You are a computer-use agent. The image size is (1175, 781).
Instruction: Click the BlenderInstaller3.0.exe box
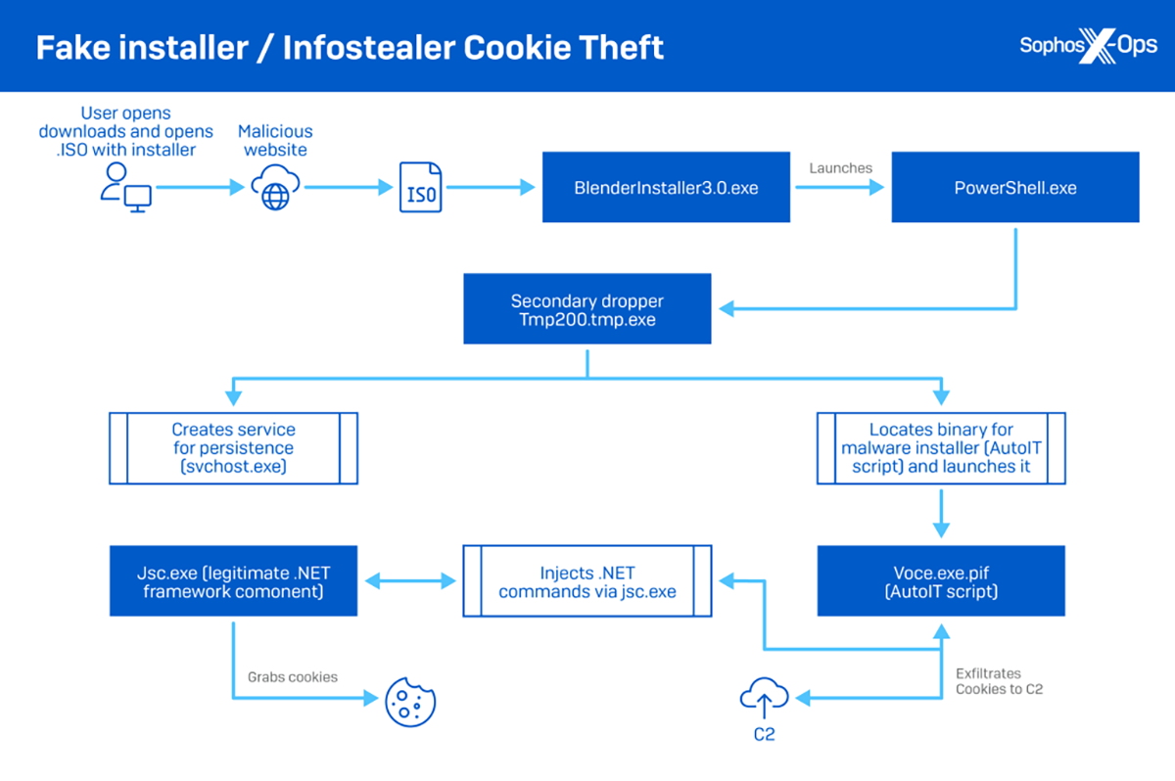(666, 187)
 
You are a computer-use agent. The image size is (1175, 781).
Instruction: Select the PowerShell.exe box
(1014, 187)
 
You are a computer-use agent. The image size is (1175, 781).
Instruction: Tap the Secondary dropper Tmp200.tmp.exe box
(587, 308)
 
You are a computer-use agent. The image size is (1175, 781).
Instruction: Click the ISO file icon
(421, 188)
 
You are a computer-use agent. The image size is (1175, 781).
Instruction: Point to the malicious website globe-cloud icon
(275, 187)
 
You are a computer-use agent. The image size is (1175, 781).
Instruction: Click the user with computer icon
(126, 187)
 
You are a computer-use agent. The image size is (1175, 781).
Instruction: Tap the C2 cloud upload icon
(764, 697)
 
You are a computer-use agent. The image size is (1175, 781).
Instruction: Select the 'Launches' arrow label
(840, 168)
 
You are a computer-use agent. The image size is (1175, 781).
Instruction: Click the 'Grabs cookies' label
(292, 676)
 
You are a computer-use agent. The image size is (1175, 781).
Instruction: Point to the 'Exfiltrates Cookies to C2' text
(999, 681)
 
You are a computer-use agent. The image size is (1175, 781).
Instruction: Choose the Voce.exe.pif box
(941, 581)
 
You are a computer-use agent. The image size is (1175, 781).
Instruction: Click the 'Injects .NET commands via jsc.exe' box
(587, 581)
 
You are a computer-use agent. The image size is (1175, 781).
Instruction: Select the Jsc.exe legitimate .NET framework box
(233, 581)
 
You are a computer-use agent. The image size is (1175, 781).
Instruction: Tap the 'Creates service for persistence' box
(233, 447)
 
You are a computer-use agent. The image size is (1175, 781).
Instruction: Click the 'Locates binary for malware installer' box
(941, 447)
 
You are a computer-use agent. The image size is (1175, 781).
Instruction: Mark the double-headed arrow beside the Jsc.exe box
(410, 580)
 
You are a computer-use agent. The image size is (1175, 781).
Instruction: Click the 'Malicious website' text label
(275, 140)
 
